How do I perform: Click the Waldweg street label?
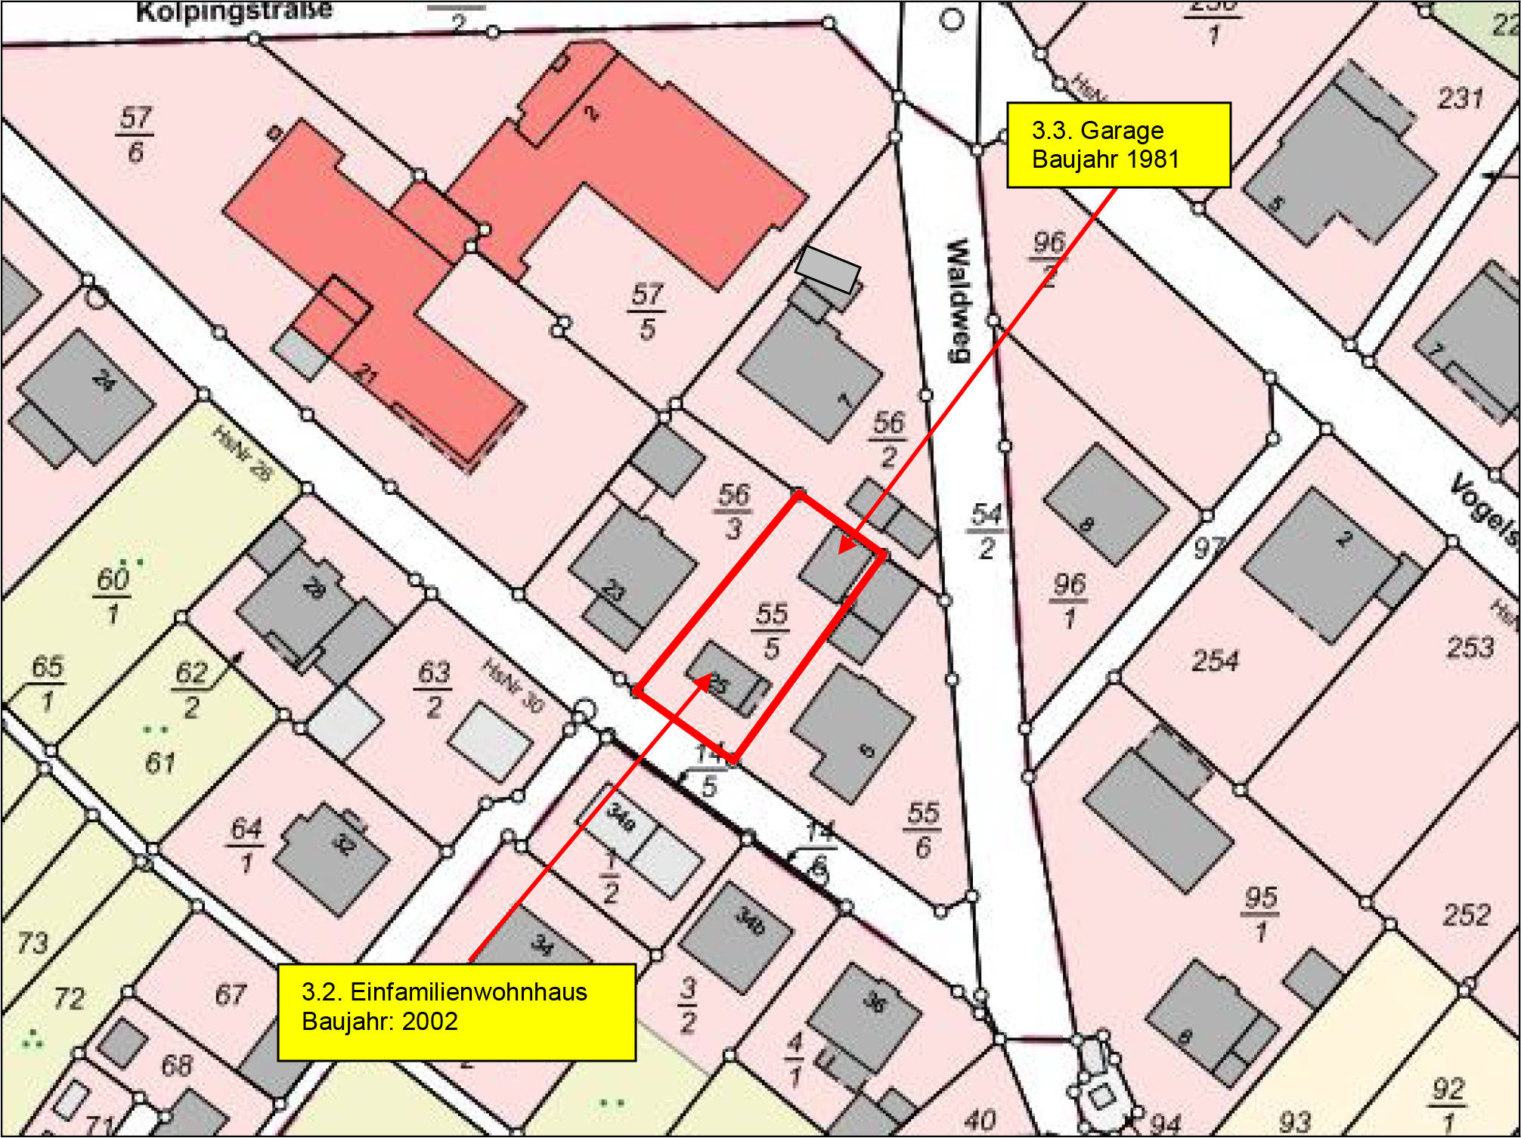click(958, 301)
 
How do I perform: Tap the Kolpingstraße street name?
click(234, 11)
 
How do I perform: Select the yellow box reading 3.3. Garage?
click(1118, 145)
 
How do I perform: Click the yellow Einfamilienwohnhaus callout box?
click(456, 1011)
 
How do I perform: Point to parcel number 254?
click(1215, 661)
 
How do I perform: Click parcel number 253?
click(1469, 648)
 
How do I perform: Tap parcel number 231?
click(1460, 98)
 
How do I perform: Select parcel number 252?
click(1466, 915)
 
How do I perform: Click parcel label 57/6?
click(135, 135)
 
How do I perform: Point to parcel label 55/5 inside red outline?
click(771, 629)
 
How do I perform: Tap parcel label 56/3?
click(733, 512)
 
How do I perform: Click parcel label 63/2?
click(434, 688)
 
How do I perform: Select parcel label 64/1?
click(246, 845)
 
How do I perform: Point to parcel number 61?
click(160, 763)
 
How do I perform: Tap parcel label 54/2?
click(987, 530)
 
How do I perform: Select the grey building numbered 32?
click(333, 857)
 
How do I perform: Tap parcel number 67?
click(230, 994)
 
